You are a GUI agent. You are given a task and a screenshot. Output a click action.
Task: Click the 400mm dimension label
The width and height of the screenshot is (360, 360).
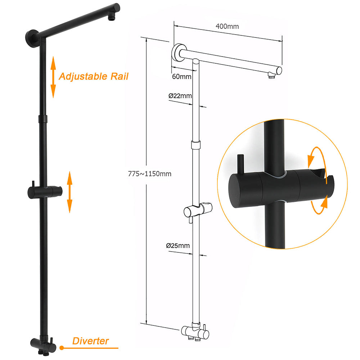tap(227, 26)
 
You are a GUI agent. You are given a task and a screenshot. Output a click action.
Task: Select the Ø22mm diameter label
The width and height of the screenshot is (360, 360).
tap(180, 96)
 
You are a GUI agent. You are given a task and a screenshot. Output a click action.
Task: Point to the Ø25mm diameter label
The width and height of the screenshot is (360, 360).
tap(178, 246)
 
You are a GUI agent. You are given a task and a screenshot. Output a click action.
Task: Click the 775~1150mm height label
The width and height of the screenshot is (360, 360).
tap(149, 174)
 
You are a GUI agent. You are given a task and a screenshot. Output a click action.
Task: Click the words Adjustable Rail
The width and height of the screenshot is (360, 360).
tap(93, 76)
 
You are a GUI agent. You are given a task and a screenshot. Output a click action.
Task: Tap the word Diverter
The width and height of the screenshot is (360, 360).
tap(90, 341)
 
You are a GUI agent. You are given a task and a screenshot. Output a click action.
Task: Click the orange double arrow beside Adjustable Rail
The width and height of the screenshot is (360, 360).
tap(53, 77)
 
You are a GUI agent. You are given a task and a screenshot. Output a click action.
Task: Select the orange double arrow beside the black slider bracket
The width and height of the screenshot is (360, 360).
tap(69, 192)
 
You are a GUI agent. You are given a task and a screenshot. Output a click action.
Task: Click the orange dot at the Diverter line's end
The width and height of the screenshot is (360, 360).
tap(62, 348)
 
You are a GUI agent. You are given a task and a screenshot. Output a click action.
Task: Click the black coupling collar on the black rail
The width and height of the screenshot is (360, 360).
tap(42, 119)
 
